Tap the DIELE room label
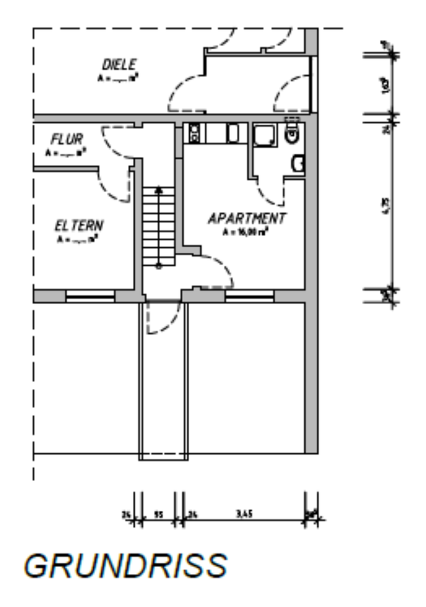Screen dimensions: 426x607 (119, 64)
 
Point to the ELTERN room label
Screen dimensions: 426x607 (80, 226)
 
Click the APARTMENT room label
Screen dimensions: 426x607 (247, 219)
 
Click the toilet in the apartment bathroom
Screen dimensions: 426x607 (292, 133)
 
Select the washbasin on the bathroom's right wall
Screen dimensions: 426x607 (298, 164)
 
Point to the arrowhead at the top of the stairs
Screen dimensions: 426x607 (158, 189)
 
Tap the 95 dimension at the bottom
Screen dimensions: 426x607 (158, 514)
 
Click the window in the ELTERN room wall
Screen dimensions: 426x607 (91, 295)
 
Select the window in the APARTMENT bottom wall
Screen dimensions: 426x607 (249, 295)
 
